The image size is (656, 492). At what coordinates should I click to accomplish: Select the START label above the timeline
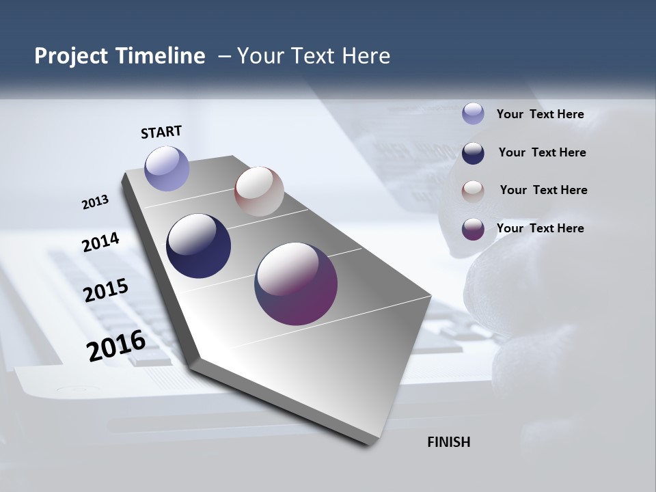click(x=161, y=132)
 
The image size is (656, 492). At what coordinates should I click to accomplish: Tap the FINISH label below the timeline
click(x=449, y=442)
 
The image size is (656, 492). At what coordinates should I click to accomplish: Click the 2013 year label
click(x=95, y=202)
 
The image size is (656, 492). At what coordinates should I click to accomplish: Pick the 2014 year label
click(x=101, y=243)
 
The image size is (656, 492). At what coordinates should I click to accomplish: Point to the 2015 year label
click(x=106, y=290)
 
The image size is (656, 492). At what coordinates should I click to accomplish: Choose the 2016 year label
click(x=116, y=346)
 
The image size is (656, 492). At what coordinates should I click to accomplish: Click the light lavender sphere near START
click(x=167, y=168)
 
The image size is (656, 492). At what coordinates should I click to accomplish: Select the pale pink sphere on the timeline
click(x=259, y=191)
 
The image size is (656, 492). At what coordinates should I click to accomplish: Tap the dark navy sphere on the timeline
click(x=198, y=246)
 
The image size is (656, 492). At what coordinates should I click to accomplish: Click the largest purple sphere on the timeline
click(x=296, y=284)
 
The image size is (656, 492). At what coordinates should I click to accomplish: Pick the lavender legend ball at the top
click(x=473, y=113)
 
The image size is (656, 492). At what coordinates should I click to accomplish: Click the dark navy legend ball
click(x=473, y=152)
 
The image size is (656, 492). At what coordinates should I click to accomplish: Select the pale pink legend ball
click(x=473, y=191)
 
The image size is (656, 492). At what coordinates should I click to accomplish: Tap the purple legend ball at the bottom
click(x=473, y=228)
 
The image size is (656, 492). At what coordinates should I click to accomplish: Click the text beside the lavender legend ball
click(x=540, y=114)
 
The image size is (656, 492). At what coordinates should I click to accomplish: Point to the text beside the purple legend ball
click(x=540, y=228)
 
